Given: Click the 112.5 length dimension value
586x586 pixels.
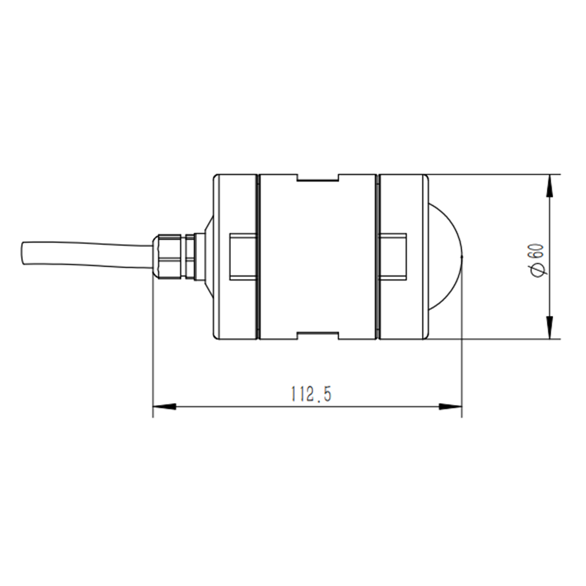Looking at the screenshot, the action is click(x=311, y=394).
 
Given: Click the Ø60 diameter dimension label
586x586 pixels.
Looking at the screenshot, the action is click(x=538, y=260).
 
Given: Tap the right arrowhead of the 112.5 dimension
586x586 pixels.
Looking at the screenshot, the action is click(x=450, y=406).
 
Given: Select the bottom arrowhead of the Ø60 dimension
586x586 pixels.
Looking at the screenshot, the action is click(x=550, y=328).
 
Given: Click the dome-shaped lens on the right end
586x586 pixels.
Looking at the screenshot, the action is click(x=445, y=257).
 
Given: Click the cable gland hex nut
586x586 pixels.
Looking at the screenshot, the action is click(x=169, y=257).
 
